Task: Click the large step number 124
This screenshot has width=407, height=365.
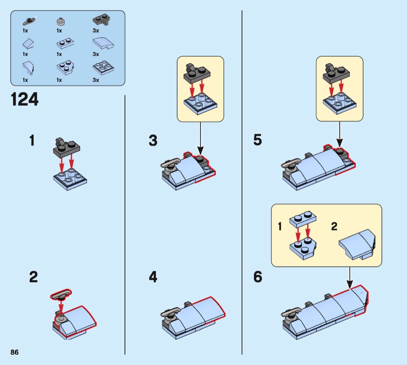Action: click(24, 100)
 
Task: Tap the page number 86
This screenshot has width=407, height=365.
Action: click(15, 352)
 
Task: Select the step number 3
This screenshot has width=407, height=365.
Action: click(153, 141)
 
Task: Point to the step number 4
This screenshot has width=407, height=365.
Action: click(153, 277)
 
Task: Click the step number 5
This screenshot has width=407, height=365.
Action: click(258, 140)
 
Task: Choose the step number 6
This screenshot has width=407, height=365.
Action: click(258, 277)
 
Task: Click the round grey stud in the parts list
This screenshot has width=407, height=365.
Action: click(60, 21)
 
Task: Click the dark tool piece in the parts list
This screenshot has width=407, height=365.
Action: click(28, 21)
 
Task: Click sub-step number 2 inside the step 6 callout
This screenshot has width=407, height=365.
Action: click(334, 227)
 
